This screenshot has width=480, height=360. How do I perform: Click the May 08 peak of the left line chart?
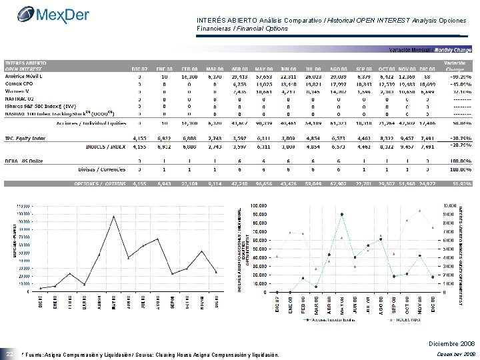pyautogui.click(x=115, y=216)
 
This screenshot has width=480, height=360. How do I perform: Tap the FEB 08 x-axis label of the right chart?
pyautogui.click(x=303, y=305)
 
